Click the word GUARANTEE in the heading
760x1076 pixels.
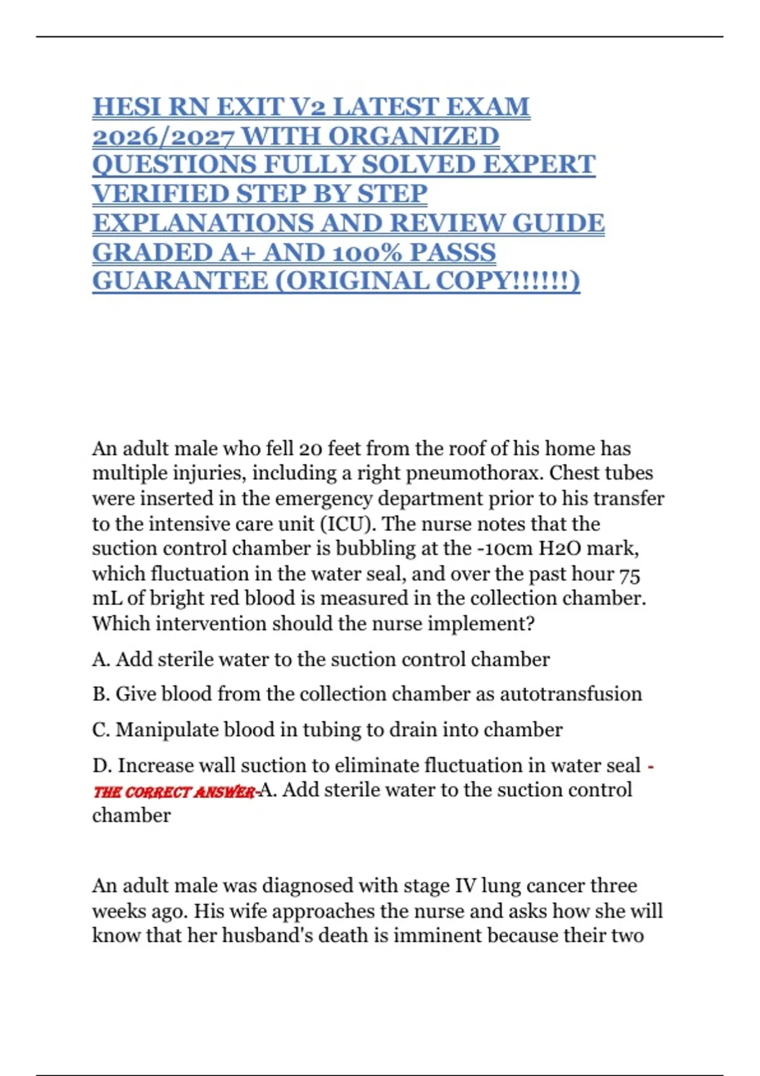180,281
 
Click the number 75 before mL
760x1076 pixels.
629,574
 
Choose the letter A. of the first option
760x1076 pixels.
101,660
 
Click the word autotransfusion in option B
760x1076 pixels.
571,694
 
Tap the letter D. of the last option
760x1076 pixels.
101,766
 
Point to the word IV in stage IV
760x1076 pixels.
465,885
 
